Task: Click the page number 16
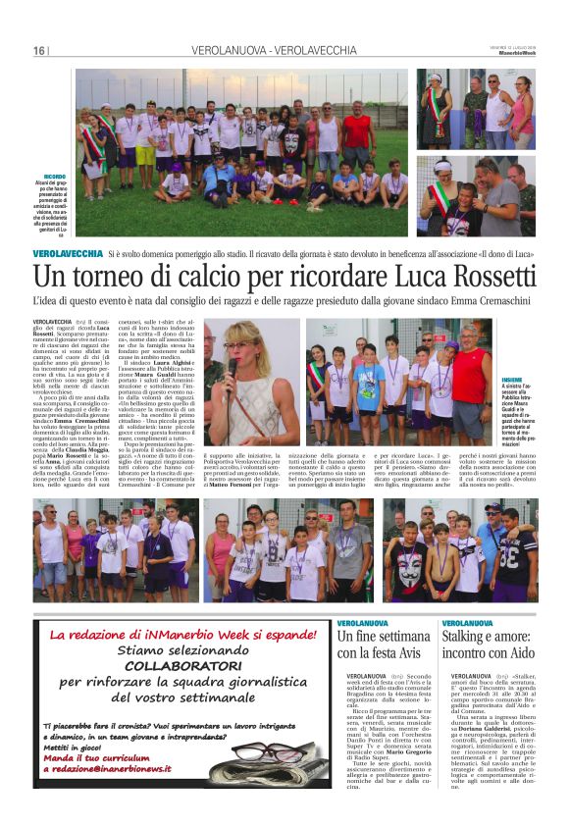point(39,50)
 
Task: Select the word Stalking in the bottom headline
point(470,637)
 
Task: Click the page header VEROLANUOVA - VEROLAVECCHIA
point(275,50)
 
